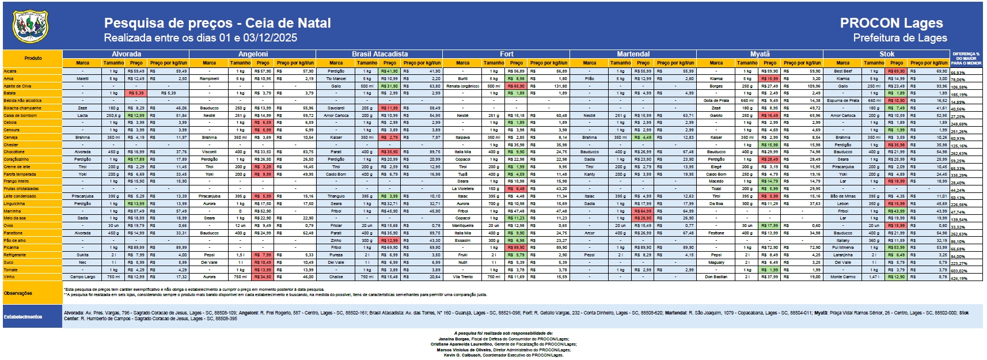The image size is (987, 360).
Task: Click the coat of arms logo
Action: pyautogui.click(x=31, y=27)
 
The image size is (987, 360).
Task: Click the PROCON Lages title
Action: pyautogui.click(x=891, y=23)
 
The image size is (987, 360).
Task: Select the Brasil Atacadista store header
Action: pyautogui.click(x=379, y=54)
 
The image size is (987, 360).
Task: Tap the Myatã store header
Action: pyautogui.click(x=760, y=54)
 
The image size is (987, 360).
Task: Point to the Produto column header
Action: pyautogui.click(x=33, y=58)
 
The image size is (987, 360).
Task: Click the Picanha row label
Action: pyautogui.click(x=11, y=248)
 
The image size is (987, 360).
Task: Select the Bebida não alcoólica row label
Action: pyautogui.click(x=22, y=101)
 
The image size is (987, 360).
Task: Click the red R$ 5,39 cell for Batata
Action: pyautogui.click(x=136, y=93)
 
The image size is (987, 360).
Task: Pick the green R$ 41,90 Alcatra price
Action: pyautogui.click(x=389, y=71)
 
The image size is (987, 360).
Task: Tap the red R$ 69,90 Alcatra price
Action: pyautogui.click(x=896, y=71)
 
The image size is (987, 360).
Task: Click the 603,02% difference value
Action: pyautogui.click(x=959, y=271)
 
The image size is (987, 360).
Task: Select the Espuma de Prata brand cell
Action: pyautogui.click(x=842, y=101)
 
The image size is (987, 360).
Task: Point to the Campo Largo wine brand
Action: pyautogui.click(x=82, y=277)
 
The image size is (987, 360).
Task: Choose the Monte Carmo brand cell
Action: pyautogui.click(x=842, y=277)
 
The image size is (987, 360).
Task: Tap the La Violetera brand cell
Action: pyautogui.click(x=462, y=189)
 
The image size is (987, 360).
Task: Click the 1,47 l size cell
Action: pyautogui.click(x=874, y=277)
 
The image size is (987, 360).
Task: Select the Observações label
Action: pyautogui.click(x=18, y=293)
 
